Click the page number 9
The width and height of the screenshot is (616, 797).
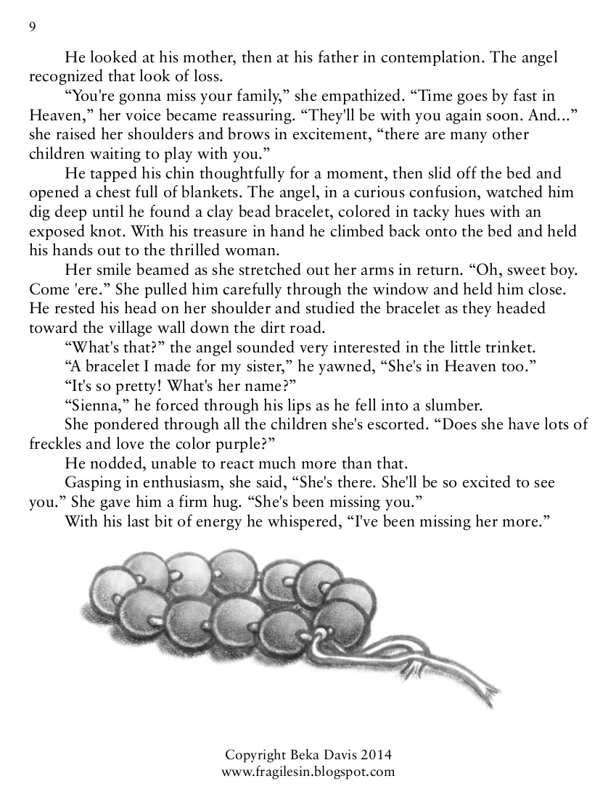[x=32, y=27]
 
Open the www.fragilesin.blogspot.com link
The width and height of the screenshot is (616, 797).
[x=308, y=772]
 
